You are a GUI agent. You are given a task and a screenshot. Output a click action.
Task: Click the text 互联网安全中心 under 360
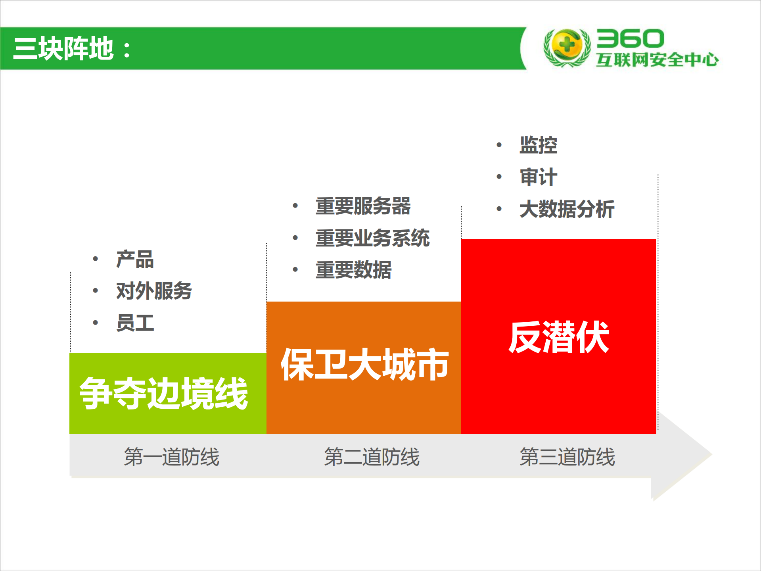657,60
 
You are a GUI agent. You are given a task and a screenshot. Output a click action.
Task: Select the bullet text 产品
135,259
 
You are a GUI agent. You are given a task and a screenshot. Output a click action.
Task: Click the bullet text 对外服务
154,291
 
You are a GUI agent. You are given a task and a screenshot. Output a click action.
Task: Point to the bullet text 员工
135,323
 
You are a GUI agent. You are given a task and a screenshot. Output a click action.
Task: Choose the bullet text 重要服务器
363,206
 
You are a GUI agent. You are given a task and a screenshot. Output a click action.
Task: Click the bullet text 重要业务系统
372,238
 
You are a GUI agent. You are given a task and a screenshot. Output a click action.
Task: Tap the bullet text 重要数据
353,270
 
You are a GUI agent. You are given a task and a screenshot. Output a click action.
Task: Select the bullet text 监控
538,145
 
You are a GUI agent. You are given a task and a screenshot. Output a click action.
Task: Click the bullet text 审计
538,177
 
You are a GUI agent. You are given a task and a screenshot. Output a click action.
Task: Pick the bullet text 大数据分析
567,209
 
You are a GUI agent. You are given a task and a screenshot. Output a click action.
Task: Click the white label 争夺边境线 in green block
164,393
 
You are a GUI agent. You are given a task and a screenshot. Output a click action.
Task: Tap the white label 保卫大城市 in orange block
364,364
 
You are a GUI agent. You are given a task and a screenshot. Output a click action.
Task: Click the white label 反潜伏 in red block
558,337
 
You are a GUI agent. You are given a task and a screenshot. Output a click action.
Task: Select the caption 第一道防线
171,457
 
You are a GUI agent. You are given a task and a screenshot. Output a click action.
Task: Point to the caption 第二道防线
372,457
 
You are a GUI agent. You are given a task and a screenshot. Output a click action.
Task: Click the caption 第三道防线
567,457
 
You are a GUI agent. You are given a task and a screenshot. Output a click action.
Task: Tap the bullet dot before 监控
499,145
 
